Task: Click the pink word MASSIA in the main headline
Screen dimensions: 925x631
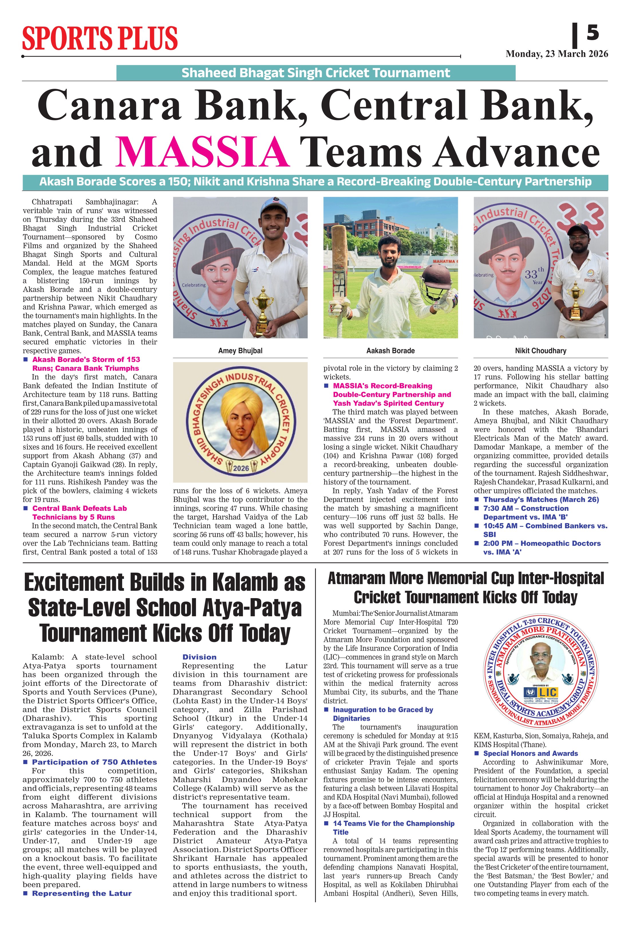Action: pos(202,152)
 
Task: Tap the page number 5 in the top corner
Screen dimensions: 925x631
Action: pos(592,33)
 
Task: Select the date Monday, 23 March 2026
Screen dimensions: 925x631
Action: pos(557,54)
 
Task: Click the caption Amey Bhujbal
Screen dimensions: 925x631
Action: pos(240,351)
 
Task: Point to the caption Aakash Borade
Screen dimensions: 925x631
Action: pos(390,351)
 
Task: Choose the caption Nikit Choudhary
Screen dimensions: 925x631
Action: pos(540,351)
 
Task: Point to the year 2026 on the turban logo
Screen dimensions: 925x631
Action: pos(241,468)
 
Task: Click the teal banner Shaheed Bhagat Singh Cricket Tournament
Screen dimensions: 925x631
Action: pos(316,73)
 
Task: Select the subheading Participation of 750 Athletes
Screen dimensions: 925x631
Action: pos(94,762)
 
